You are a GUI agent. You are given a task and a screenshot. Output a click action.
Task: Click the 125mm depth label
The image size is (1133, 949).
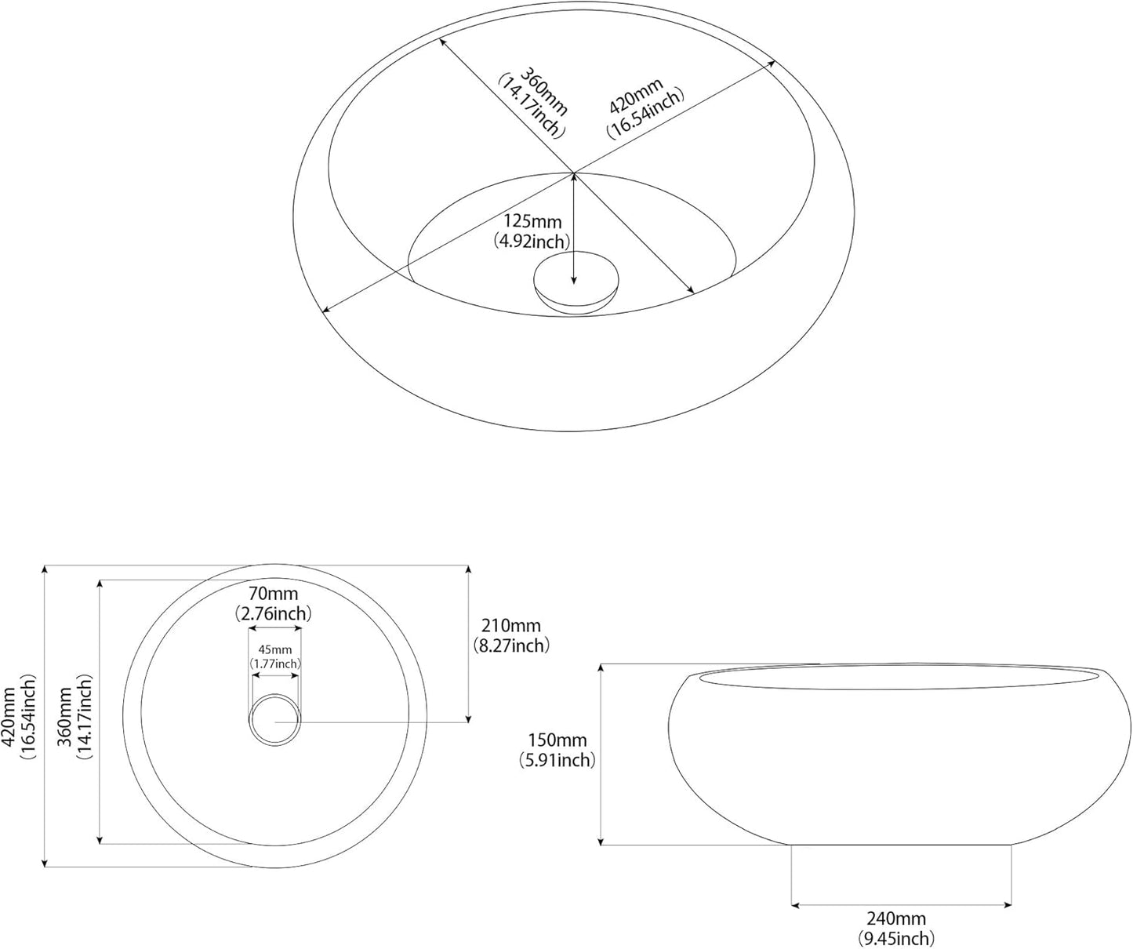(531, 222)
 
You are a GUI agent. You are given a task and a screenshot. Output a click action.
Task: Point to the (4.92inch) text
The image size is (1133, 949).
(531, 242)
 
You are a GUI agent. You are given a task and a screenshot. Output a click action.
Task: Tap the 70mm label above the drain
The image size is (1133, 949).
(273, 593)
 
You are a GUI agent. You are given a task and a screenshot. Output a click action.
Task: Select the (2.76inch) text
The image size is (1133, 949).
(273, 613)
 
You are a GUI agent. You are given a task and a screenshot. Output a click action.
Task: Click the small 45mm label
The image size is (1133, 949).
(275, 649)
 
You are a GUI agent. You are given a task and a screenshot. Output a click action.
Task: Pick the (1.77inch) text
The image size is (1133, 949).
(275, 664)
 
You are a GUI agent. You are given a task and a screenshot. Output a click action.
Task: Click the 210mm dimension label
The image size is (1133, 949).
(510, 626)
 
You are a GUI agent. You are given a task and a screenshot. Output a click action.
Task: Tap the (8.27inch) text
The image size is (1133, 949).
(510, 645)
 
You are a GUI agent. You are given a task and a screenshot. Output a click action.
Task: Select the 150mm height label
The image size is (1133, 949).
(557, 740)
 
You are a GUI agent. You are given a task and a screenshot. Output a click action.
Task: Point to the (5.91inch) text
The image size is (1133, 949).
(557, 759)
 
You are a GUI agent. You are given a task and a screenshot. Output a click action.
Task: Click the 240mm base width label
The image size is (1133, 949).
(895, 918)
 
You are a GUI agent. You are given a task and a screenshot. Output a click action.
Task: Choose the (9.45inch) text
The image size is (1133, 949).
(895, 938)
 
